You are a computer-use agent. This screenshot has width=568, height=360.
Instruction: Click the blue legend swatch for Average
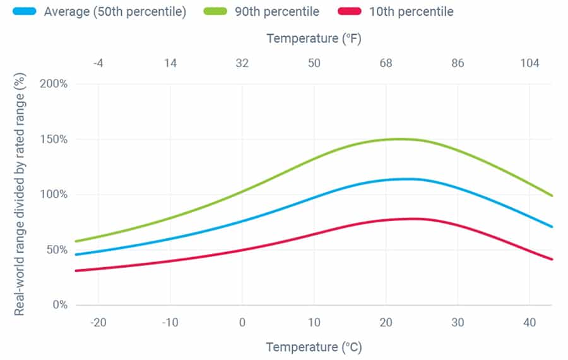(x=23, y=12)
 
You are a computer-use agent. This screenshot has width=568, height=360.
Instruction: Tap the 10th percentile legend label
(x=411, y=12)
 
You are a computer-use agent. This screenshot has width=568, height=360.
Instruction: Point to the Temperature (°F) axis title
(x=314, y=38)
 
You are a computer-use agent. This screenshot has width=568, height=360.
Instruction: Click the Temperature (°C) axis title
(x=314, y=347)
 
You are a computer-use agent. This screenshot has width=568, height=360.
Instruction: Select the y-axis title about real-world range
(x=20, y=195)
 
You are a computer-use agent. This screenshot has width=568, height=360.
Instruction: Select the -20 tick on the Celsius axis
(x=98, y=322)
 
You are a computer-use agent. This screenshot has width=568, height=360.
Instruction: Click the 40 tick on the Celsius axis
(x=530, y=322)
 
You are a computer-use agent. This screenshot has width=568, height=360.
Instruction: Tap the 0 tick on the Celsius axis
(x=242, y=322)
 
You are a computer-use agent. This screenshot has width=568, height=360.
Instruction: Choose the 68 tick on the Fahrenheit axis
(x=386, y=63)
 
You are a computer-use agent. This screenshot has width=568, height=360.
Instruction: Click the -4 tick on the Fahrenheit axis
(x=98, y=63)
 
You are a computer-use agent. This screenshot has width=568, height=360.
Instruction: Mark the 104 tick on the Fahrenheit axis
(x=530, y=63)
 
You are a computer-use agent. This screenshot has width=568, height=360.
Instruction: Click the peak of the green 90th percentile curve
(x=398, y=139)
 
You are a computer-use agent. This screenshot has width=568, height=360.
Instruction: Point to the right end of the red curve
(x=552, y=259)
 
